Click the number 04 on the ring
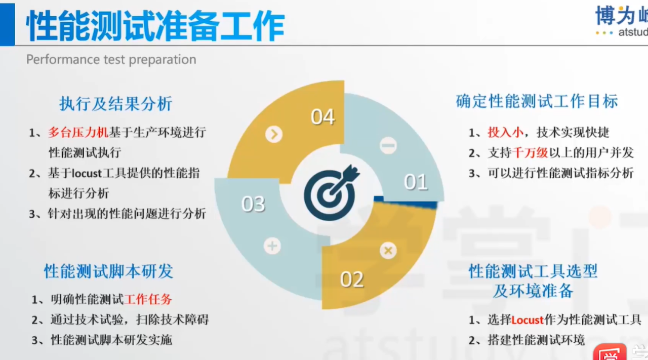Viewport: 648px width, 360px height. point(322,117)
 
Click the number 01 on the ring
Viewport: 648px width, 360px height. point(416,182)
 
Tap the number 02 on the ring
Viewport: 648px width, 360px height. point(351,279)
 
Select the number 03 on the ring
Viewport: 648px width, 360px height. point(253,204)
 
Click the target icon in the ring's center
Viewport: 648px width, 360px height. point(331,193)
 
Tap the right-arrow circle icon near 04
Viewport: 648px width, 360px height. point(274,134)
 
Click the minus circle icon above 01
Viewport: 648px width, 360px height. point(388,145)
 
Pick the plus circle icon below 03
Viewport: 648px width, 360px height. point(272,246)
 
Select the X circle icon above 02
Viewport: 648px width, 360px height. point(388,250)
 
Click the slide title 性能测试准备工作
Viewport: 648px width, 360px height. point(155,26)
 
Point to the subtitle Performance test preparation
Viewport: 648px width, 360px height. point(111,59)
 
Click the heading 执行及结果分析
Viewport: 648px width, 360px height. point(116,103)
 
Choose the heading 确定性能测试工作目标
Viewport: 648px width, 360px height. point(537,101)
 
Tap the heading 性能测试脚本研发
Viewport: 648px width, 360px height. point(108,271)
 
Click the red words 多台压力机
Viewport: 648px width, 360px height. point(78,133)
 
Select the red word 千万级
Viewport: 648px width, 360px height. point(530,152)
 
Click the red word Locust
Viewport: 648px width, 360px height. point(528,320)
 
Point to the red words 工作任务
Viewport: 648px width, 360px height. point(148,299)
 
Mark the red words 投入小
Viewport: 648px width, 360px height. point(505,132)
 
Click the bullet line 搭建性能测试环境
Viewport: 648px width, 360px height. point(526,340)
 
